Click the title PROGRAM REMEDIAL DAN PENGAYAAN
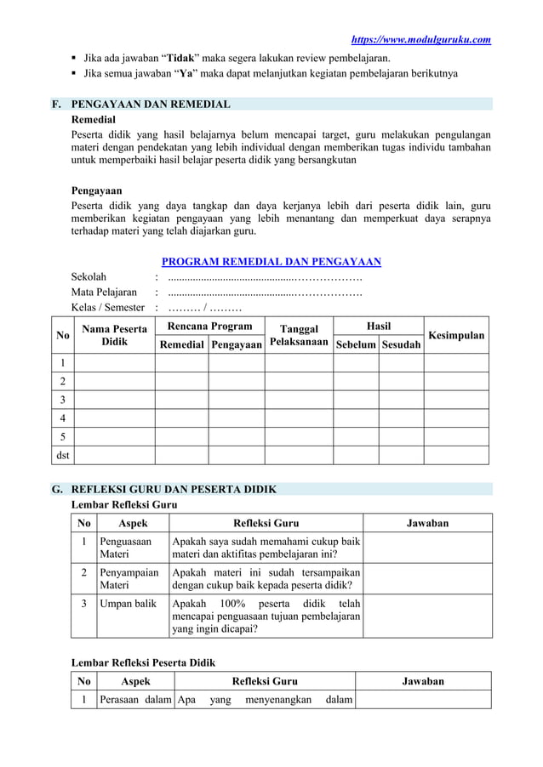coord(271,262)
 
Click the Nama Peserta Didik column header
coord(113,335)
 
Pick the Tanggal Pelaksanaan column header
coord(298,336)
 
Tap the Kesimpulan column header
coord(456,336)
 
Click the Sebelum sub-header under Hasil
coord(356,344)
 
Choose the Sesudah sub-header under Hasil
coord(401,344)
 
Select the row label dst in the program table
coord(62,455)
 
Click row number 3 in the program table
coord(62,399)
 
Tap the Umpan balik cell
coord(128,603)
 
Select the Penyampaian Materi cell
coord(129,579)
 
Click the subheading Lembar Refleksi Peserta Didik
coord(143,662)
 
